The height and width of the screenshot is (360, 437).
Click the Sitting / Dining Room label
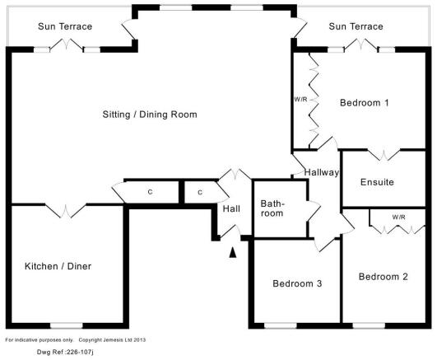point(150,115)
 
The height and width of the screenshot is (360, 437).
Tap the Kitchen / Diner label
point(58,266)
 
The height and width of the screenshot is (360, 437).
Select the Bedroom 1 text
point(365,103)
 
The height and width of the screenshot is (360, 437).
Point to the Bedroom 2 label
point(384,277)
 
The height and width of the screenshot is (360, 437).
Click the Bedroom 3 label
point(297,283)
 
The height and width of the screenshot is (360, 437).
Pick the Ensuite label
point(377,182)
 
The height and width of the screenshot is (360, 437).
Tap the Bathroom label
point(272,208)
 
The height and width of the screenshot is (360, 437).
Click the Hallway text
point(322,172)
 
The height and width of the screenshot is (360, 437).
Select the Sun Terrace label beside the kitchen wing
point(65,26)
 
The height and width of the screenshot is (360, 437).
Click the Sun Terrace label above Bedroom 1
point(356,26)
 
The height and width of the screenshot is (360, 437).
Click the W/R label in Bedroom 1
point(300,100)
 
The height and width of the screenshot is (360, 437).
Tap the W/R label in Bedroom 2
point(398,217)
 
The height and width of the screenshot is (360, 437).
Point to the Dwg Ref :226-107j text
point(65,353)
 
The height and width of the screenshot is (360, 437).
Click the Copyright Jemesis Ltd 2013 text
point(112,340)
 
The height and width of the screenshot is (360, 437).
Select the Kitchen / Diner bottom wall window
point(67,325)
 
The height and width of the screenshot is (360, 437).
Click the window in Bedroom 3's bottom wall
point(281,325)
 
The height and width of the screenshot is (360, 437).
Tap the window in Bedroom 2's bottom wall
point(369,325)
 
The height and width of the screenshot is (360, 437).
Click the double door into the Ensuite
point(384,154)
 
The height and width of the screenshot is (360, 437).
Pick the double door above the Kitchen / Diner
point(66,211)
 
